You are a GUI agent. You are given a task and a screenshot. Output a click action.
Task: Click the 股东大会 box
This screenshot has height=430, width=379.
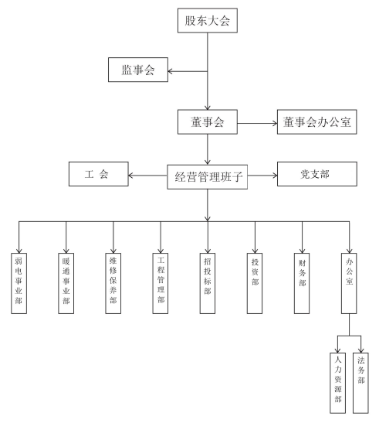click(x=208, y=21)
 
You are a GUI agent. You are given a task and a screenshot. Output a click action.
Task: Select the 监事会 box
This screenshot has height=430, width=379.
click(x=138, y=70)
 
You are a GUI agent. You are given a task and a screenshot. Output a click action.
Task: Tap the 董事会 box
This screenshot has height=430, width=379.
click(x=208, y=122)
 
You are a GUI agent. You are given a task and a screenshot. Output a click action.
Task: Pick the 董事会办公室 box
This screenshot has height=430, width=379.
click(x=317, y=122)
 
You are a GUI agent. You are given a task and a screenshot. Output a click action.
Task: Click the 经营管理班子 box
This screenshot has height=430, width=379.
click(x=208, y=177)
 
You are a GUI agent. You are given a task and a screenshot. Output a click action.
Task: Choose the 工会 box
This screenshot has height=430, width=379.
click(x=99, y=174)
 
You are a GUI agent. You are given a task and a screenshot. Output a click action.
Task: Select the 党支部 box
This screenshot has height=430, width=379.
click(x=317, y=174)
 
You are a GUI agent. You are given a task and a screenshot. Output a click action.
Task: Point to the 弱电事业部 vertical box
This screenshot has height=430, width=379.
click(x=19, y=283)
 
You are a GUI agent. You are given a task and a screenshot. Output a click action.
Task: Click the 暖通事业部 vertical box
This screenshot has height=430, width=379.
click(x=66, y=283)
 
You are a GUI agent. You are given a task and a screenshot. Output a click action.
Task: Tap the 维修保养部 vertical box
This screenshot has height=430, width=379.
click(x=113, y=283)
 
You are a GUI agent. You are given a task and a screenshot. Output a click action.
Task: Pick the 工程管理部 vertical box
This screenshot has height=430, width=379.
click(x=161, y=283)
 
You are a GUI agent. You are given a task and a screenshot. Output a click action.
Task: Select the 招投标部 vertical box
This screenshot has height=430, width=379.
click(x=208, y=283)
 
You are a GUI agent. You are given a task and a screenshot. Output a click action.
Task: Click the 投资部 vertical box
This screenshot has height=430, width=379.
click(x=255, y=283)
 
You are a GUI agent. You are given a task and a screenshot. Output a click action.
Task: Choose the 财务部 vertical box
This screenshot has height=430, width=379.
click(x=302, y=283)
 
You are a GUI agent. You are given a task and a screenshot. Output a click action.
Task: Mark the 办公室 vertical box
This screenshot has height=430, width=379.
click(x=349, y=283)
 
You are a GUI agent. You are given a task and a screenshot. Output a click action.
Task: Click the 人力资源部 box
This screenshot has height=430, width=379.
click(x=337, y=383)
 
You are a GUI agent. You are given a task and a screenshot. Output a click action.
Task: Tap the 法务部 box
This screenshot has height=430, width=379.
click(x=360, y=383)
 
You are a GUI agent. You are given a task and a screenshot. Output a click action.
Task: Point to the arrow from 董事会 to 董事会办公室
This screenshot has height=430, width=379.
click(x=257, y=124)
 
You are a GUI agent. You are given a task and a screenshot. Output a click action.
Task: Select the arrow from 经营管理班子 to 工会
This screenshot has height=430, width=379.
click(x=147, y=176)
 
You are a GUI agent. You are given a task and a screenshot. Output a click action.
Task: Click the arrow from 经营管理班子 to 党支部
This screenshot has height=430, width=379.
click(x=262, y=176)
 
